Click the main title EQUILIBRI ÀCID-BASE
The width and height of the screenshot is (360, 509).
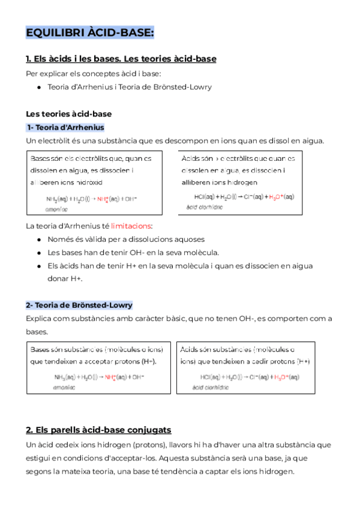(89, 32)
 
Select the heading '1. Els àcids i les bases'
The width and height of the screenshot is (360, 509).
(121, 59)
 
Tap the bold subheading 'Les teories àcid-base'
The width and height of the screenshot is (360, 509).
(68, 113)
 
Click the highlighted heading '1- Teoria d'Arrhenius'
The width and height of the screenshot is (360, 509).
(65, 127)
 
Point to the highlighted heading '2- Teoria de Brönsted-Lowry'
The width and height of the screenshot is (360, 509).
(79, 305)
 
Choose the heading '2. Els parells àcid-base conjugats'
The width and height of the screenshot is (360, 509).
(98, 430)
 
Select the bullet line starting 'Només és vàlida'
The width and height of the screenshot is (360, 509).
(125, 239)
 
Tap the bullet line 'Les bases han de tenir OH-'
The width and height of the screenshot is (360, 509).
(133, 252)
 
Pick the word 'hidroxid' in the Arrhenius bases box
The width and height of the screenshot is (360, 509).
(87, 182)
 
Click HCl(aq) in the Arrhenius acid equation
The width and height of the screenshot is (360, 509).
(205, 196)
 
